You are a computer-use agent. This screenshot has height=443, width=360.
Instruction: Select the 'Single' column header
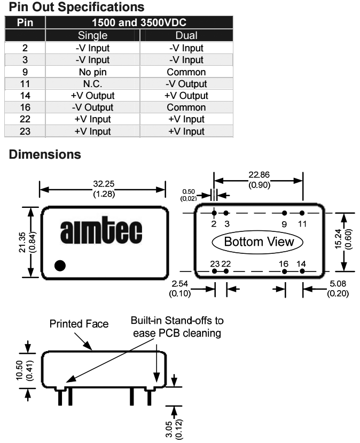coord(93,36)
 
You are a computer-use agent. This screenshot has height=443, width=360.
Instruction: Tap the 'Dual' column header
coord(186,36)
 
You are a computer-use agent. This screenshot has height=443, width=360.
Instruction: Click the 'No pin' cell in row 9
coord(93,72)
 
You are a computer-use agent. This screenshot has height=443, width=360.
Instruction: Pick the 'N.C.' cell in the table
coord(93,84)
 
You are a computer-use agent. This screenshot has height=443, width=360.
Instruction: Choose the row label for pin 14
coord(25,96)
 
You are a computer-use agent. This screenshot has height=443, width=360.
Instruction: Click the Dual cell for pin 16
coord(186,107)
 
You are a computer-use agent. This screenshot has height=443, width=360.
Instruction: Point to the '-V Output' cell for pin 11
coord(186,84)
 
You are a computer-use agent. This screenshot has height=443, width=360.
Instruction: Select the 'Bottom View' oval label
coord(259,242)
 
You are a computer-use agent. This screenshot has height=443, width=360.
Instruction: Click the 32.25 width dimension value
coord(102,184)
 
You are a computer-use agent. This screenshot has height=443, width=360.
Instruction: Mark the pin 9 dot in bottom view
coord(284,213)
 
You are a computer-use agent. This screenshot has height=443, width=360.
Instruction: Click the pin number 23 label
coord(214,263)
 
